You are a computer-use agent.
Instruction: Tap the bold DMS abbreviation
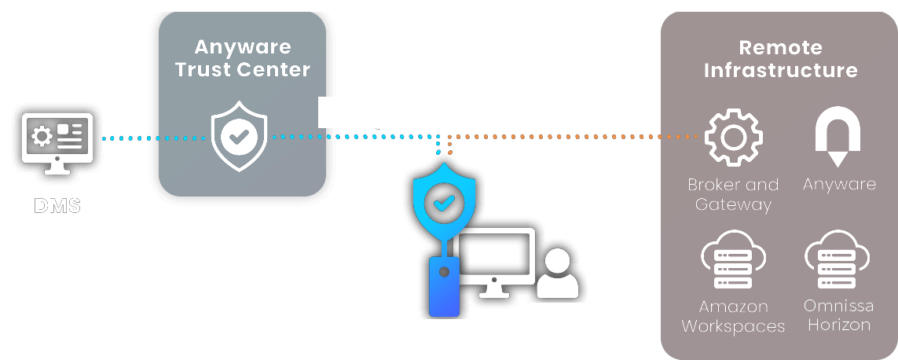[57, 207]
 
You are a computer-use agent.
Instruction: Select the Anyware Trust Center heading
[243, 58]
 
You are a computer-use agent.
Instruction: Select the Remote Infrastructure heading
[780, 59]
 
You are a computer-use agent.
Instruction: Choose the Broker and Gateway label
[733, 195]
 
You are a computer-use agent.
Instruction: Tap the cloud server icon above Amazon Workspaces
[733, 260]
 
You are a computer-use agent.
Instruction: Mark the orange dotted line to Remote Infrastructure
[566, 138]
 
